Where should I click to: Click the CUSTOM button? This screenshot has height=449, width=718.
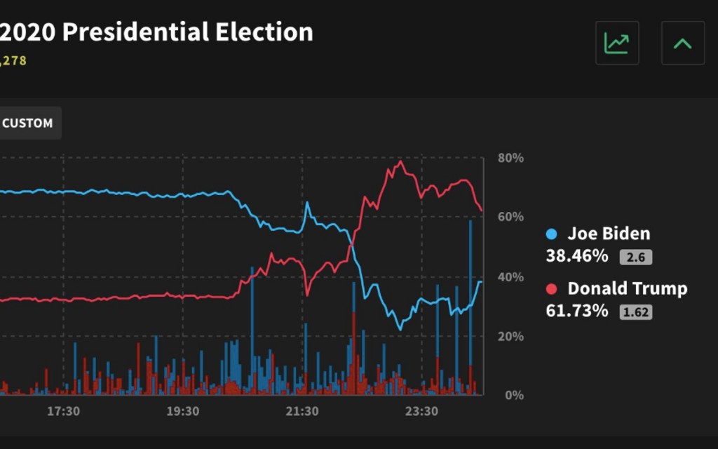pyautogui.click(x=28, y=123)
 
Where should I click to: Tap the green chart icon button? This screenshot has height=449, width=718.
pyautogui.click(x=617, y=43)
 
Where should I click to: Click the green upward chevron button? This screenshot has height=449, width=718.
pyautogui.click(x=682, y=43)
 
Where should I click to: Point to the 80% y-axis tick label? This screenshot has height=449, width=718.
pyautogui.click(x=510, y=158)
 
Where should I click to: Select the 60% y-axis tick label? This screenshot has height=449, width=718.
pyautogui.click(x=510, y=217)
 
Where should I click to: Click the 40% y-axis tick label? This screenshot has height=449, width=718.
pyautogui.click(x=510, y=277)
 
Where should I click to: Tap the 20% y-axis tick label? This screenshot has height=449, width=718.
pyautogui.click(x=510, y=336)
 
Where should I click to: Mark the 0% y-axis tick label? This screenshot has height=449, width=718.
pyautogui.click(x=514, y=395)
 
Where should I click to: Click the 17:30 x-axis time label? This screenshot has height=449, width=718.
pyautogui.click(x=63, y=411)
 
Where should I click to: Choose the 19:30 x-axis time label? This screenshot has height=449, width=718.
pyautogui.click(x=183, y=411)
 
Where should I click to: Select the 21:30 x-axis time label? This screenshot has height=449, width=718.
pyautogui.click(x=302, y=411)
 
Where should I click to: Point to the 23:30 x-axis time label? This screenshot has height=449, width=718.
pyautogui.click(x=421, y=411)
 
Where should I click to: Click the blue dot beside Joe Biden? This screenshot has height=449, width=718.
pyautogui.click(x=552, y=234)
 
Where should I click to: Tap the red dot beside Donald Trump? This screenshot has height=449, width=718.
pyautogui.click(x=552, y=289)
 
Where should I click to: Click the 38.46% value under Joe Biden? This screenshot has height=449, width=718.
pyautogui.click(x=577, y=256)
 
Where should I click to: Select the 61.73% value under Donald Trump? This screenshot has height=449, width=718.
pyautogui.click(x=577, y=311)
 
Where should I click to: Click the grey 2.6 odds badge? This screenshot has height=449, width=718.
pyautogui.click(x=635, y=257)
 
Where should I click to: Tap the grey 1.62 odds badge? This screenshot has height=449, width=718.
pyautogui.click(x=635, y=312)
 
